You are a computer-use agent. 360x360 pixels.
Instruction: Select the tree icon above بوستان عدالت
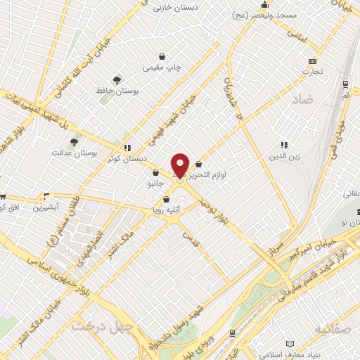tap(74, 142)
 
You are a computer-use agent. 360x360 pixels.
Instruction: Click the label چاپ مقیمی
tap(163, 67)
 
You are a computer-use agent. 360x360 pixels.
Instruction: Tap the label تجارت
tap(311, 71)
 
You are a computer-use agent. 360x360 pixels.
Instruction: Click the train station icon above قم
tap(345, 84)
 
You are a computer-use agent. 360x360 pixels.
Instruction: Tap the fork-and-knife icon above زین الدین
tap(284, 145)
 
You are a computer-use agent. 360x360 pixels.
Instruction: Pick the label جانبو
tap(155, 184)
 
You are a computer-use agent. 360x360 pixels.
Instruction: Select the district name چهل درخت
tap(95, 327)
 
